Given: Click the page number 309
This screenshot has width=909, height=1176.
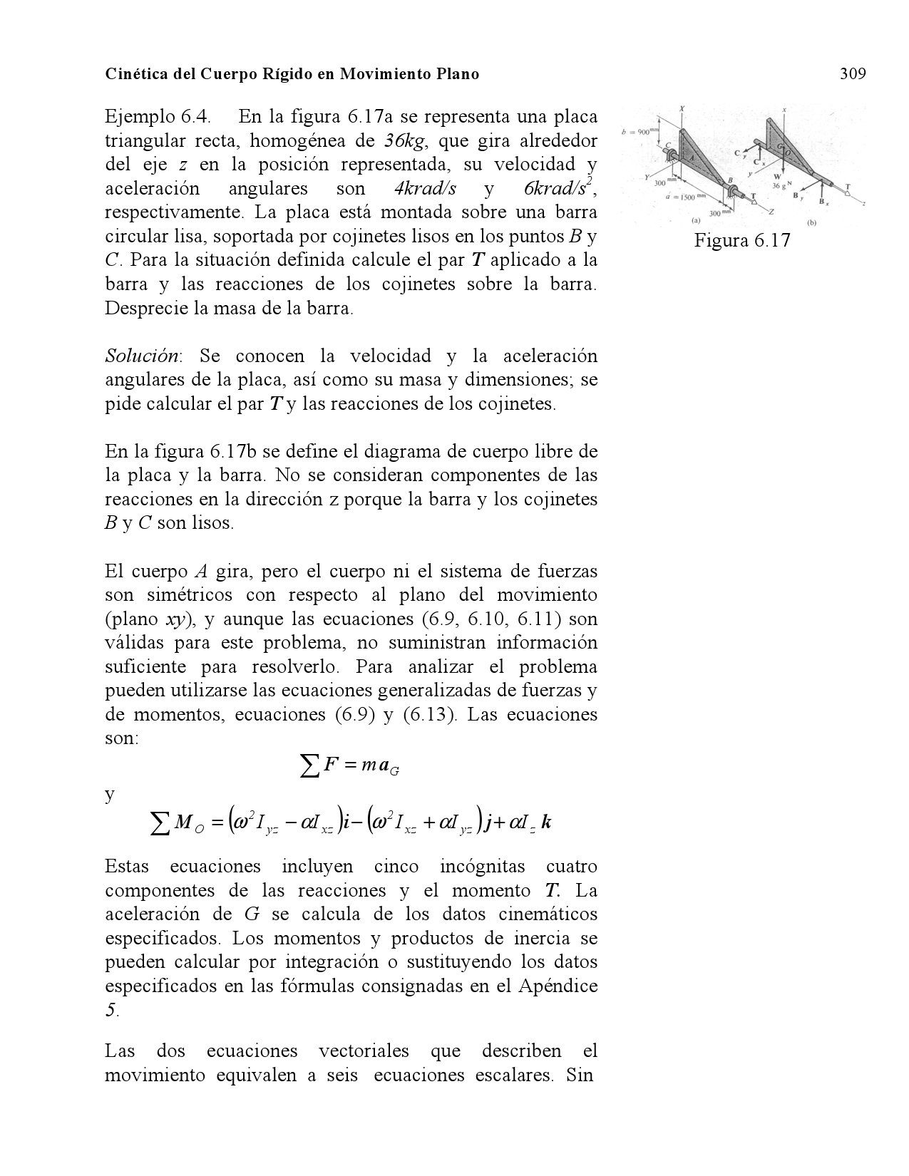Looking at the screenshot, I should (853, 73).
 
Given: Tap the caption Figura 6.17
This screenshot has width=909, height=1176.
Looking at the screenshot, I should (742, 240).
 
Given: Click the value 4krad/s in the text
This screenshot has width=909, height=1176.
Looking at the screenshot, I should (425, 189).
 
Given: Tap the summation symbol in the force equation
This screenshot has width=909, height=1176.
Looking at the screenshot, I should (308, 767).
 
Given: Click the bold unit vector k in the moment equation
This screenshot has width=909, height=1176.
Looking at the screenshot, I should (546, 823).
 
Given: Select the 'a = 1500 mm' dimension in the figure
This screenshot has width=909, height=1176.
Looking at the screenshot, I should (684, 197).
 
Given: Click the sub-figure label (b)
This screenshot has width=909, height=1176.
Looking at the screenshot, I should (811, 222).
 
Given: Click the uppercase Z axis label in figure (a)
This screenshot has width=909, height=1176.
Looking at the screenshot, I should (771, 212).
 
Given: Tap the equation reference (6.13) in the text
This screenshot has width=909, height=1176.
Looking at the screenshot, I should (430, 715).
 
